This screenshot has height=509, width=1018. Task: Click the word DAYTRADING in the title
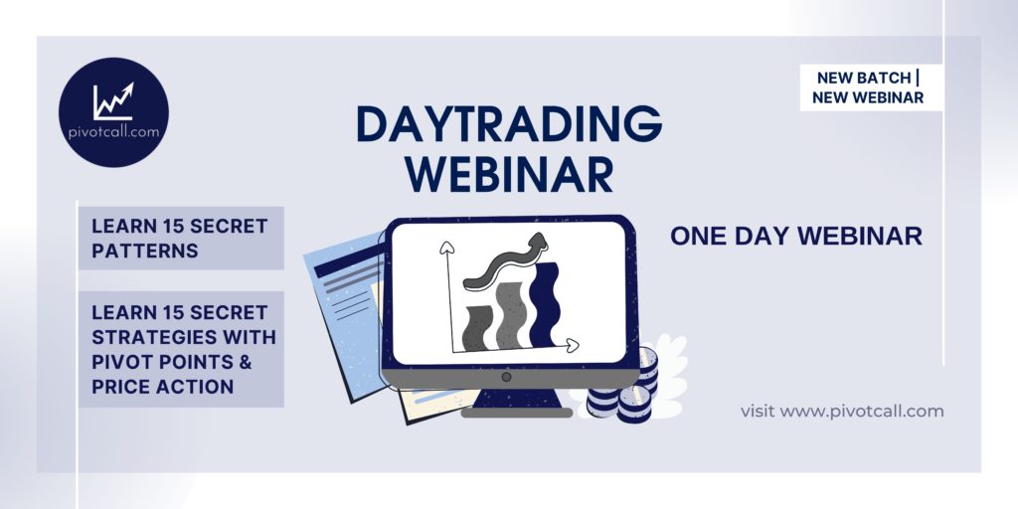pyautogui.click(x=509, y=124)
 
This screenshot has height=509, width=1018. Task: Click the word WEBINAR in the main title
pyautogui.click(x=509, y=174)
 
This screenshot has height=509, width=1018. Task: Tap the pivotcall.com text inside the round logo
pyautogui.click(x=113, y=132)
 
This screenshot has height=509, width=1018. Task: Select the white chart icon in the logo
pyautogui.click(x=113, y=101)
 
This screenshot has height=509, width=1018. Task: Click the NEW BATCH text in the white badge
pyautogui.click(x=864, y=78)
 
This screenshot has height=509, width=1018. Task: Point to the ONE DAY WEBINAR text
pyautogui.click(x=796, y=237)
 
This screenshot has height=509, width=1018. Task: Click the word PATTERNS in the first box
pyautogui.click(x=145, y=252)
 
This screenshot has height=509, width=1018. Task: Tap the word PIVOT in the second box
pyautogui.click(x=120, y=362)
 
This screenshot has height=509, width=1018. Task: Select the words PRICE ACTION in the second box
pyautogui.click(x=162, y=387)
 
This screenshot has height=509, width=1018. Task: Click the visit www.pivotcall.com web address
pyautogui.click(x=842, y=411)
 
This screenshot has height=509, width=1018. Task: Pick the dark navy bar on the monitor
pyautogui.click(x=544, y=304)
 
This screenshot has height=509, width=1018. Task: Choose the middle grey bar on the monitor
pyautogui.click(x=510, y=316)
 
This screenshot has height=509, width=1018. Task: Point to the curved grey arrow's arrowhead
pyautogui.click(x=538, y=244)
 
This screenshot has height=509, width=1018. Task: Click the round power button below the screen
pyautogui.click(x=506, y=377)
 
